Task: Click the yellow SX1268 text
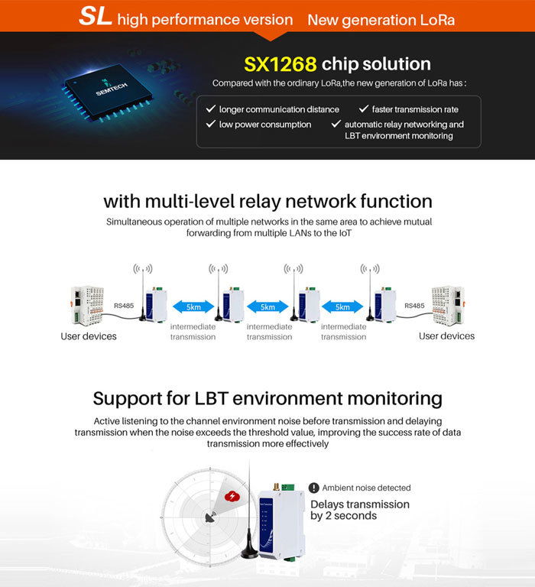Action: (280, 63)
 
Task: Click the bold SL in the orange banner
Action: (96, 17)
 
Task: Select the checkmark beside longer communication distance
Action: (210, 109)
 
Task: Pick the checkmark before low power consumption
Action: (210, 124)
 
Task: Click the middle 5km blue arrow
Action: (267, 306)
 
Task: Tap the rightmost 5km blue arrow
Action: (342, 306)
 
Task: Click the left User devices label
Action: (89, 336)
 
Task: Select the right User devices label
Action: (446, 336)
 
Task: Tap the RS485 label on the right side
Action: (413, 306)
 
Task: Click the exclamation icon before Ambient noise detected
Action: (313, 488)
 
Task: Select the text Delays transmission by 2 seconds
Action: (359, 510)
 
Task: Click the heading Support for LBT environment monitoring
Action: (267, 398)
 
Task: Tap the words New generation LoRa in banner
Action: (381, 19)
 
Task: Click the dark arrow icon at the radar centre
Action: (209, 517)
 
